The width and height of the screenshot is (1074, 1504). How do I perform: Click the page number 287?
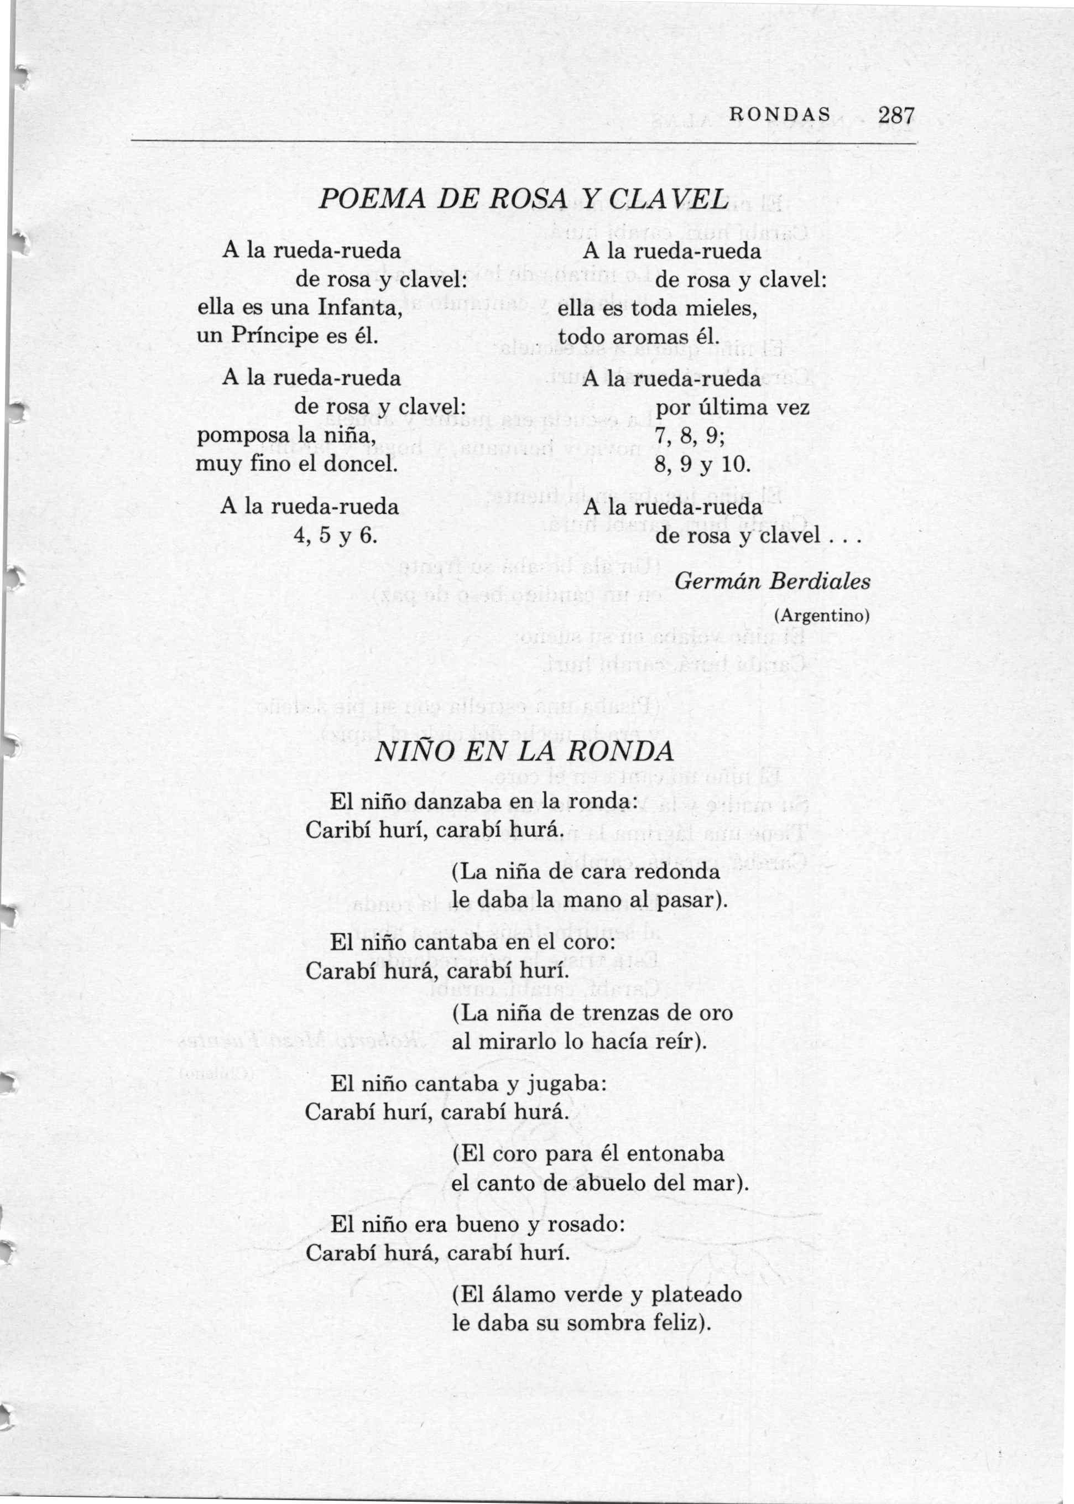tap(895, 116)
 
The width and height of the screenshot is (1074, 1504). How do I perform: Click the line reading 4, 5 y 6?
tap(335, 534)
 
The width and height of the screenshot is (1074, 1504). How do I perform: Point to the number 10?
tap(735, 464)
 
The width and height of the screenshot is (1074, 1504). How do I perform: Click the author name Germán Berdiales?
tap(773, 581)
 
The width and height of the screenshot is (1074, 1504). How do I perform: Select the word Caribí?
tap(340, 829)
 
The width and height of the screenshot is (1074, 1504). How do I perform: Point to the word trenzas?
tap(622, 1013)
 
